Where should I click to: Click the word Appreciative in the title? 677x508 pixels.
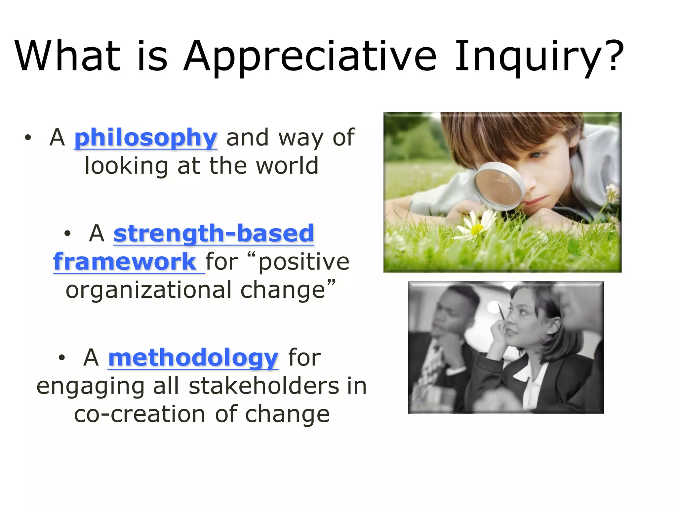coord(310,56)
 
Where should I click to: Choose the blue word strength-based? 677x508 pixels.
coord(214,233)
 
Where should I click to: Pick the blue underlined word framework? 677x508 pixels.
coord(125,262)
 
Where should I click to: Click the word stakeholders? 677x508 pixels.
coord(263,386)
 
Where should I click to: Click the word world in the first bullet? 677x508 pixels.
coord(287,166)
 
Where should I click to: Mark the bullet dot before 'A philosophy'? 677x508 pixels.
coord(28,138)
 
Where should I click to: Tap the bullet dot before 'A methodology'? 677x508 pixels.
coord(62,358)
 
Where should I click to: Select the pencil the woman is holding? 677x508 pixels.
coord(501,311)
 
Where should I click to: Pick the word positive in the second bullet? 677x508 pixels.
coord(304,262)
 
